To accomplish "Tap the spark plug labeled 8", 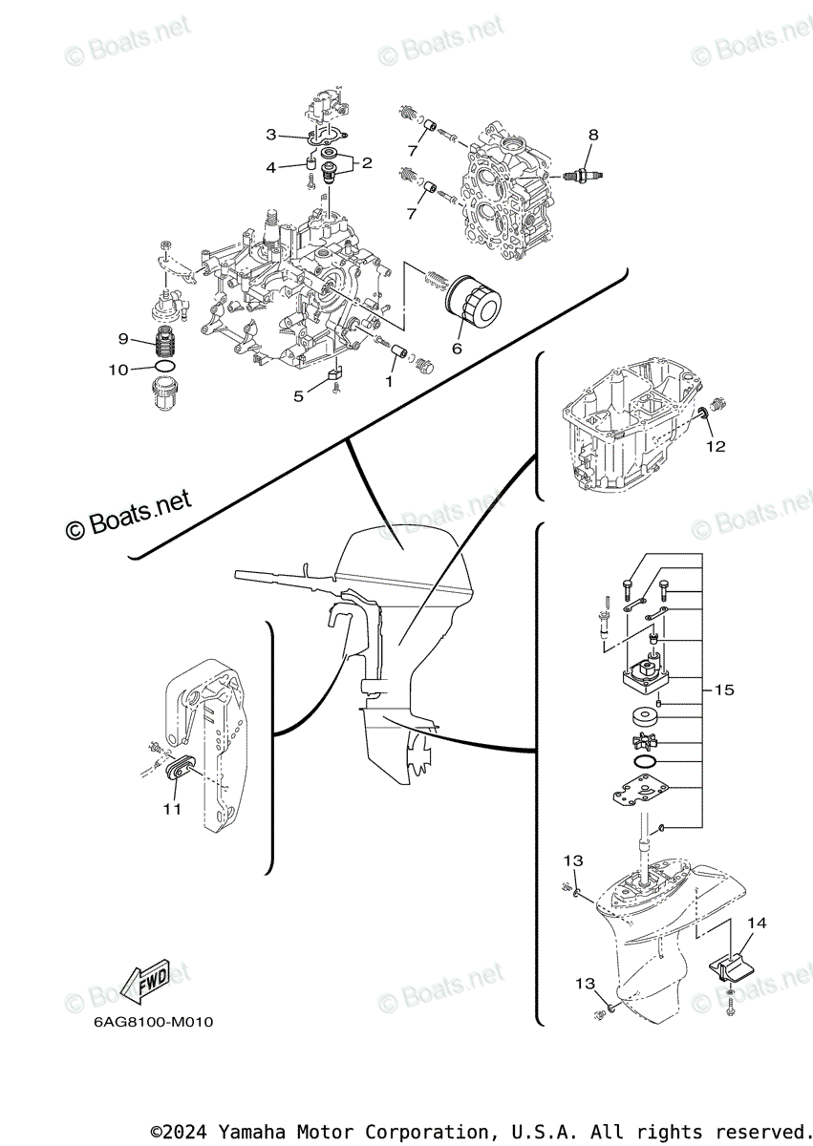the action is click(584, 176).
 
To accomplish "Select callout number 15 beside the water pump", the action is click(724, 690).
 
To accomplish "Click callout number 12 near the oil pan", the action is click(716, 447).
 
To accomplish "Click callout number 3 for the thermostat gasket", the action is click(271, 135).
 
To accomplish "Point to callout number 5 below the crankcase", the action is click(298, 396).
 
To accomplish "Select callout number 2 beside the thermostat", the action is click(367, 163).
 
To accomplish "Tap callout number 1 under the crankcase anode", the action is click(389, 382).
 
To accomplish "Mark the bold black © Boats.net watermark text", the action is click(129, 515).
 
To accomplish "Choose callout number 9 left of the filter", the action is click(123, 338).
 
